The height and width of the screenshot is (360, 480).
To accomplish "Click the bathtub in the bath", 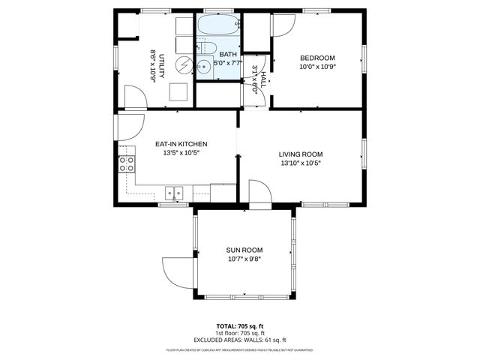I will [x=218, y=27].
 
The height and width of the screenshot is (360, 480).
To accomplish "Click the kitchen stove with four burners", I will [x=125, y=164].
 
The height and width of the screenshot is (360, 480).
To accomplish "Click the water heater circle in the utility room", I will [x=183, y=65].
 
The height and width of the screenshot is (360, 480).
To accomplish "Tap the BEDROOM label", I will [x=317, y=58].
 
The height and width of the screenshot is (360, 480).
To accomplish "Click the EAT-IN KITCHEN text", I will [x=181, y=144].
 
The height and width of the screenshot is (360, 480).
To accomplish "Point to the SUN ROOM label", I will [x=244, y=250].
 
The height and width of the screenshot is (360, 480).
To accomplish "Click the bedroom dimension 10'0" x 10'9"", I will [x=317, y=67].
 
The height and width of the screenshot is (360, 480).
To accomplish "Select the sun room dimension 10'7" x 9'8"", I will [x=244, y=259].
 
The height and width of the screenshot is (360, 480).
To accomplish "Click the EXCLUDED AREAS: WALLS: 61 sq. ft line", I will [x=239, y=340].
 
